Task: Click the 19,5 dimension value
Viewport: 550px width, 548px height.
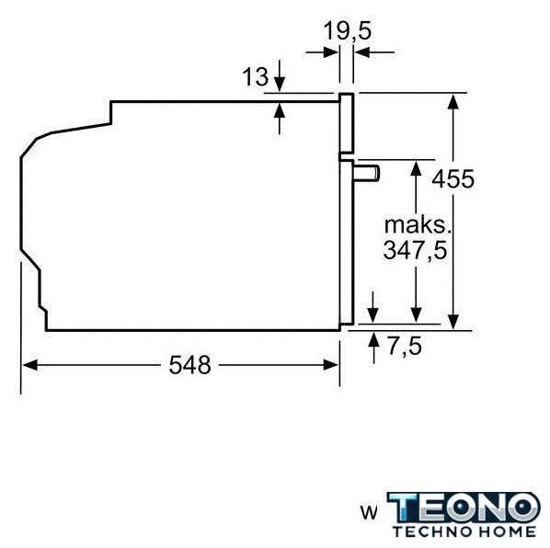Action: [347, 31]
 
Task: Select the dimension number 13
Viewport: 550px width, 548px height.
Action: [255, 77]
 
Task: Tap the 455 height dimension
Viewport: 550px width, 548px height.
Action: [453, 179]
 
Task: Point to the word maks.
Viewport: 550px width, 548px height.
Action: [418, 225]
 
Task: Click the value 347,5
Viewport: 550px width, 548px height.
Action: [416, 250]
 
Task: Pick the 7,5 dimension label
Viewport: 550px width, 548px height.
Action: [405, 347]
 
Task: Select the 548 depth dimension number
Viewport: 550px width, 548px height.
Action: [189, 365]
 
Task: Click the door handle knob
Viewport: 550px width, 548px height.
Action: [366, 173]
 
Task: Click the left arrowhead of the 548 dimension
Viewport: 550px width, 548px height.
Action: [29, 365]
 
